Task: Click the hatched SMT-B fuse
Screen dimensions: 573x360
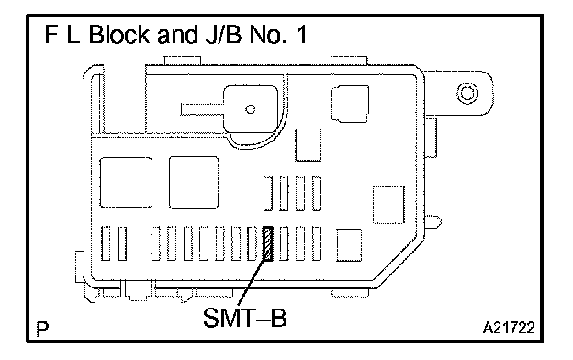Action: pos(268,243)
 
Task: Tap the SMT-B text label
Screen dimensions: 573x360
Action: pos(245,318)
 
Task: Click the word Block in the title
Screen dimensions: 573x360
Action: pos(119,35)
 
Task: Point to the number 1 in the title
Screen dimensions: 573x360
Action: pos(302,35)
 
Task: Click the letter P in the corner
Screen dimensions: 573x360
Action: pos(43,329)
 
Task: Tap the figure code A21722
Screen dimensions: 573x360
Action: pos(509,328)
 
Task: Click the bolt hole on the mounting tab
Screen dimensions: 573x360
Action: pos(467,93)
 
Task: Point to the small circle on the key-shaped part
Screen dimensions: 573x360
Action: pos(251,109)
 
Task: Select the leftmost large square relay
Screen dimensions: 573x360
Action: pos(126,183)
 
